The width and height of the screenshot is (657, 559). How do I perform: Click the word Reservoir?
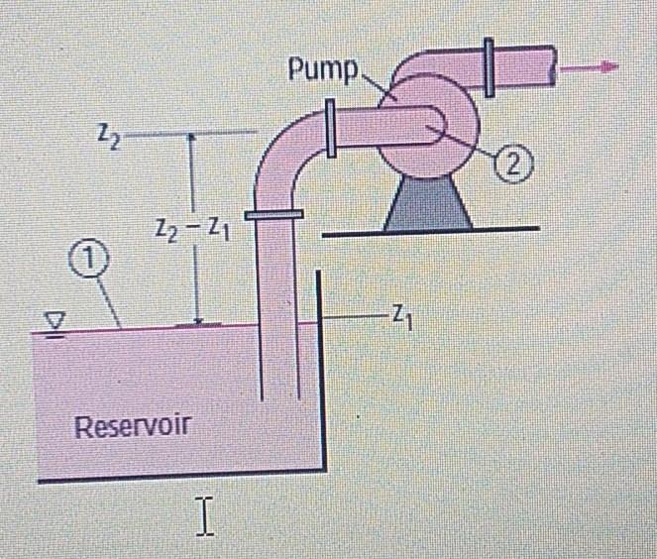click(x=132, y=427)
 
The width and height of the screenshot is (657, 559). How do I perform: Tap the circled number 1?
click(x=86, y=261)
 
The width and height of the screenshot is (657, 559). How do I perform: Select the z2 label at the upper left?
click(x=109, y=133)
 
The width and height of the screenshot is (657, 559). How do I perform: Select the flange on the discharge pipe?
click(x=489, y=66)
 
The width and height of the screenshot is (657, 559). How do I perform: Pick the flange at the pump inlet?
click(x=330, y=132)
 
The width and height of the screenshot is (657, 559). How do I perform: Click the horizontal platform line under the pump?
click(x=430, y=233)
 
